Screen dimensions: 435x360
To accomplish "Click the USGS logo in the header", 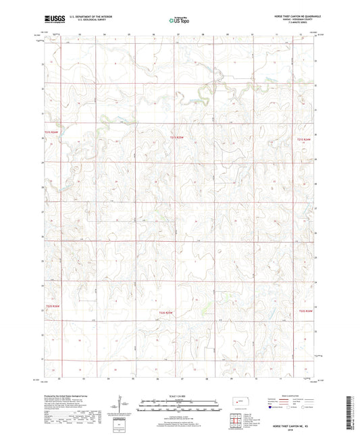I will pos(50,20).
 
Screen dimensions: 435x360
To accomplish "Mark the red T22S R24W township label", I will pos(305,311).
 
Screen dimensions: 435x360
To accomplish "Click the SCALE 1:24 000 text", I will pos(180,394).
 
